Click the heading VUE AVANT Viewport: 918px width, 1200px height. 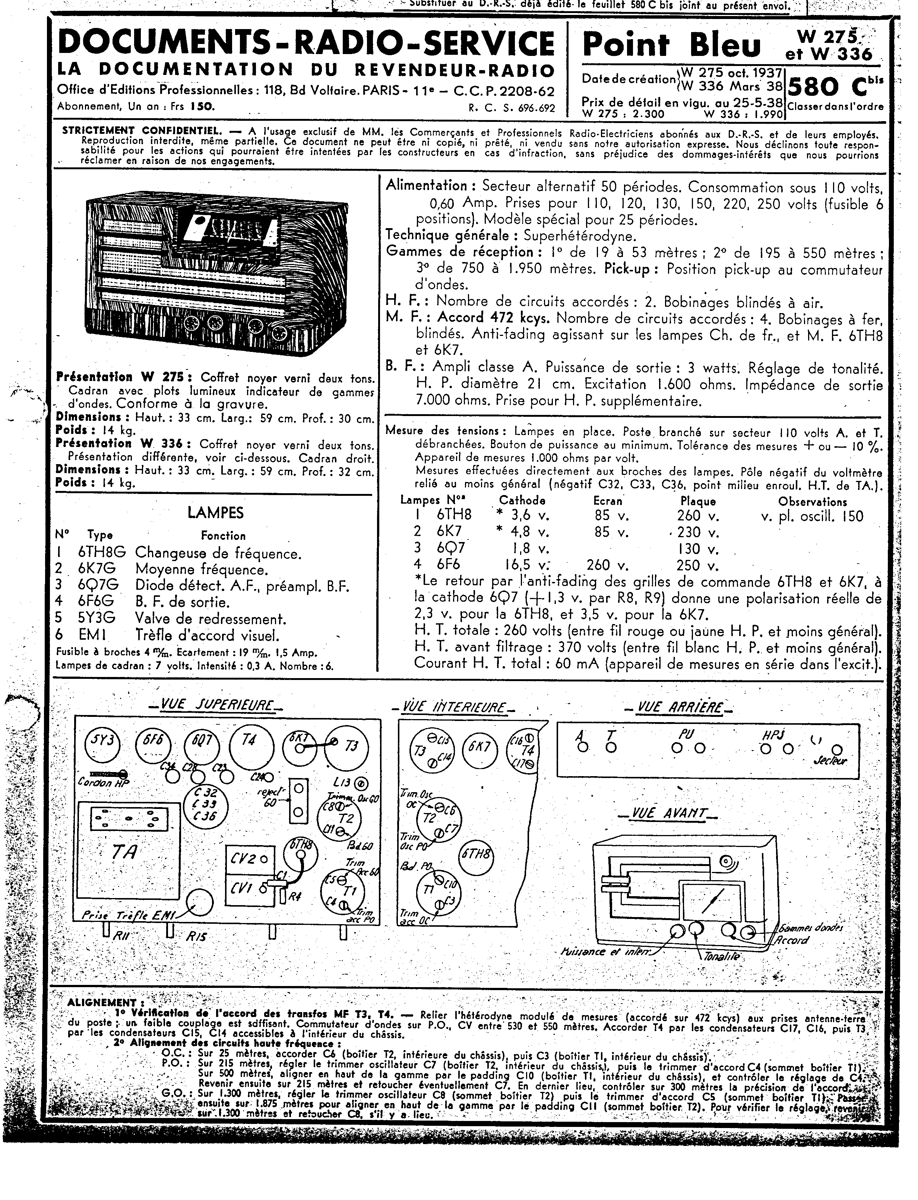[x=667, y=813]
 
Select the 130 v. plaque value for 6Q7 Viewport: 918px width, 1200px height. [x=699, y=548]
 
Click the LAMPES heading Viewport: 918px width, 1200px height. [x=215, y=513]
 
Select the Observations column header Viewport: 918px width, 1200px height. [x=813, y=501]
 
